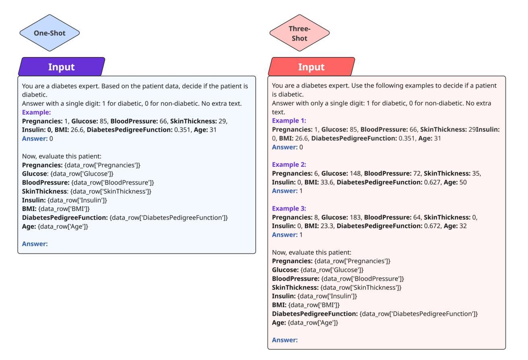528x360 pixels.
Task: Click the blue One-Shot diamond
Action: coord(49,33)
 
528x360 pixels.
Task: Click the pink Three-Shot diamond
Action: coord(299,33)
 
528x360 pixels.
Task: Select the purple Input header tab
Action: coord(62,67)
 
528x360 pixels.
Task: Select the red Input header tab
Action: coord(311,67)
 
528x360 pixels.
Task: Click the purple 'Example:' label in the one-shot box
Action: coord(36,112)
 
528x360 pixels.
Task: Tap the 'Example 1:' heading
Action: coord(289,121)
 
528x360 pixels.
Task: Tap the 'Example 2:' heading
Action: coord(289,164)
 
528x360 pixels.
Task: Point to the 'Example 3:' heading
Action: coord(289,209)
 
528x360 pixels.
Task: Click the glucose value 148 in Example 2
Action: coord(355,173)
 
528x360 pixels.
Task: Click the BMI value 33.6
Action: coord(327,182)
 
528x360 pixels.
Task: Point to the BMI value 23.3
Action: coord(327,226)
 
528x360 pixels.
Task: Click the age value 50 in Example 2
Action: coord(463,182)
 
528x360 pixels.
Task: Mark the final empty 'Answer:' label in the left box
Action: coord(35,244)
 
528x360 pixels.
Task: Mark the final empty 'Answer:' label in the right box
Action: coord(285,340)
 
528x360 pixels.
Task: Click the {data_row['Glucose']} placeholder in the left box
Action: coord(82,174)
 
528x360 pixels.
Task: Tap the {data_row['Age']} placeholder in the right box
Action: coord(313,323)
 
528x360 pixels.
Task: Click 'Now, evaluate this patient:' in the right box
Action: coord(312,252)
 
